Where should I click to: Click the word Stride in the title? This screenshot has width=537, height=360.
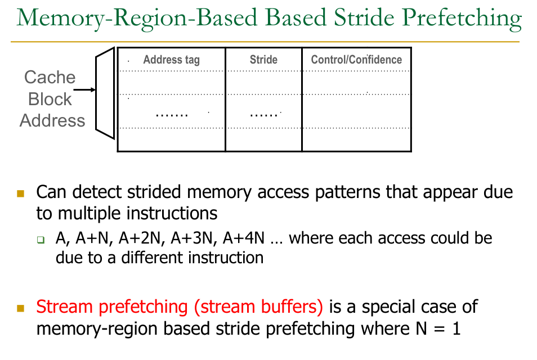(x=363, y=19)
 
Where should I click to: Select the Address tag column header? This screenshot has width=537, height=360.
(x=171, y=60)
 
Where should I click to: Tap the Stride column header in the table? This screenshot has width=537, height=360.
(x=263, y=59)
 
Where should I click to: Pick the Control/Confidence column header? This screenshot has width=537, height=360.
(x=356, y=60)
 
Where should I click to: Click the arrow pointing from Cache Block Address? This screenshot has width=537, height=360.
(x=85, y=89)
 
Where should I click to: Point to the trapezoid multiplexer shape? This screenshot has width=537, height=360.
(x=105, y=93)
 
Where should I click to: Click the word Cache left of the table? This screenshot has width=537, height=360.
(x=50, y=78)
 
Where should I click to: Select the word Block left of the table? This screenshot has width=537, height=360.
(x=50, y=99)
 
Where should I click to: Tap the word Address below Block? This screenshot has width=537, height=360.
(x=52, y=120)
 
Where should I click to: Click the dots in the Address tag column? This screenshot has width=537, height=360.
(x=171, y=114)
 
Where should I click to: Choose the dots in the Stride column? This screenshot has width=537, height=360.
(x=263, y=114)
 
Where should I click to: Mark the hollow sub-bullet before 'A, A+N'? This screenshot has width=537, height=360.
(x=41, y=240)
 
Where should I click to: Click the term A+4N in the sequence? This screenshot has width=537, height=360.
(x=243, y=238)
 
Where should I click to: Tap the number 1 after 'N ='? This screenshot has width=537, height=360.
(x=456, y=328)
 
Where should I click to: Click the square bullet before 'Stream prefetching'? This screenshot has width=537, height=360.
(x=21, y=308)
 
